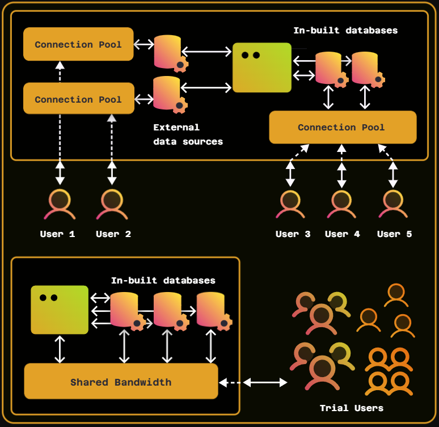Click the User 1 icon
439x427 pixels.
click(x=60, y=205)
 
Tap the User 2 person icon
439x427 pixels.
click(x=112, y=205)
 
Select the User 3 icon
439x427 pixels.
click(x=290, y=205)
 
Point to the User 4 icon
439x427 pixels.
click(x=341, y=205)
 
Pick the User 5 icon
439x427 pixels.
click(x=392, y=205)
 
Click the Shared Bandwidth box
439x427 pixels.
click(x=121, y=382)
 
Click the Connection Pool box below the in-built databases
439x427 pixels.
click(x=343, y=127)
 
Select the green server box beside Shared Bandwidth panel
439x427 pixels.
click(x=60, y=310)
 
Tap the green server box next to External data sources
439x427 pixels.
click(x=262, y=67)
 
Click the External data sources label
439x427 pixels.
click(x=188, y=134)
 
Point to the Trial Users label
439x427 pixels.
click(x=351, y=408)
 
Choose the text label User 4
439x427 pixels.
click(x=342, y=234)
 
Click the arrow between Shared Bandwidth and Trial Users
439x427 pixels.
click(x=254, y=383)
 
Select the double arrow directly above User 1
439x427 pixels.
click(x=60, y=172)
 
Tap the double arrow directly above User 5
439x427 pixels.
click(x=392, y=173)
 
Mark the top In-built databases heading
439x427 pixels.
click(x=345, y=31)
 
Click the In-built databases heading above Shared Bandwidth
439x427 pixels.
click(x=163, y=280)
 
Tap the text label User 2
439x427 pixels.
click(x=113, y=234)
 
